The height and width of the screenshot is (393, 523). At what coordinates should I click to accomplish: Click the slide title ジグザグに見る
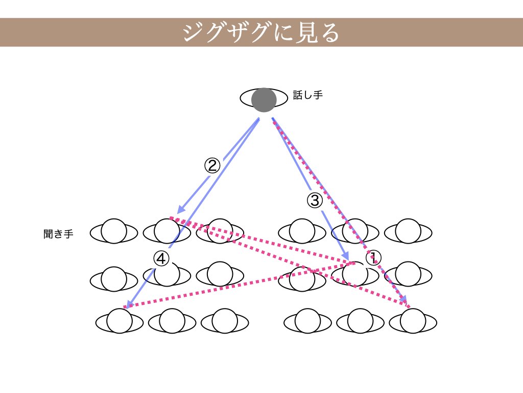[x=261, y=32]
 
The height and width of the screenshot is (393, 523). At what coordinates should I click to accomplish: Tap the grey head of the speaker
[x=264, y=100]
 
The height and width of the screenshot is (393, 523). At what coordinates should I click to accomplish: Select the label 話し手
[x=307, y=95]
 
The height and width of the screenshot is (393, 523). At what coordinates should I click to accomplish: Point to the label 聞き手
[x=58, y=234]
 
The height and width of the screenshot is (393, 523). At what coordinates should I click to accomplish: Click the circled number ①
[x=374, y=257]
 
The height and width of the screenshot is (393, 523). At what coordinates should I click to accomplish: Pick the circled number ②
[x=212, y=165]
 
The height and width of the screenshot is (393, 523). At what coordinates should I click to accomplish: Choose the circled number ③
[x=315, y=200]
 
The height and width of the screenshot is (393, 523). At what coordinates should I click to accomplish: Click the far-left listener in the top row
[x=114, y=232]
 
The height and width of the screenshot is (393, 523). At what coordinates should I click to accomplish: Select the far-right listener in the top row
[x=408, y=232]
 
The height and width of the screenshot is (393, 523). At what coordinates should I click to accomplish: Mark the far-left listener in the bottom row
[x=120, y=321]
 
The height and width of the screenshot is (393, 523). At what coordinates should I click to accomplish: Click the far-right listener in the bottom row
[x=413, y=321]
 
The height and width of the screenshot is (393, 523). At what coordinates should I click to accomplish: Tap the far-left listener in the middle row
[x=114, y=279]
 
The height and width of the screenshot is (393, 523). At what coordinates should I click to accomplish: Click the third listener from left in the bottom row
[x=225, y=321]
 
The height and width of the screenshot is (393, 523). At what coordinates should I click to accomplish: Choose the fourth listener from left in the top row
[x=302, y=232]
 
